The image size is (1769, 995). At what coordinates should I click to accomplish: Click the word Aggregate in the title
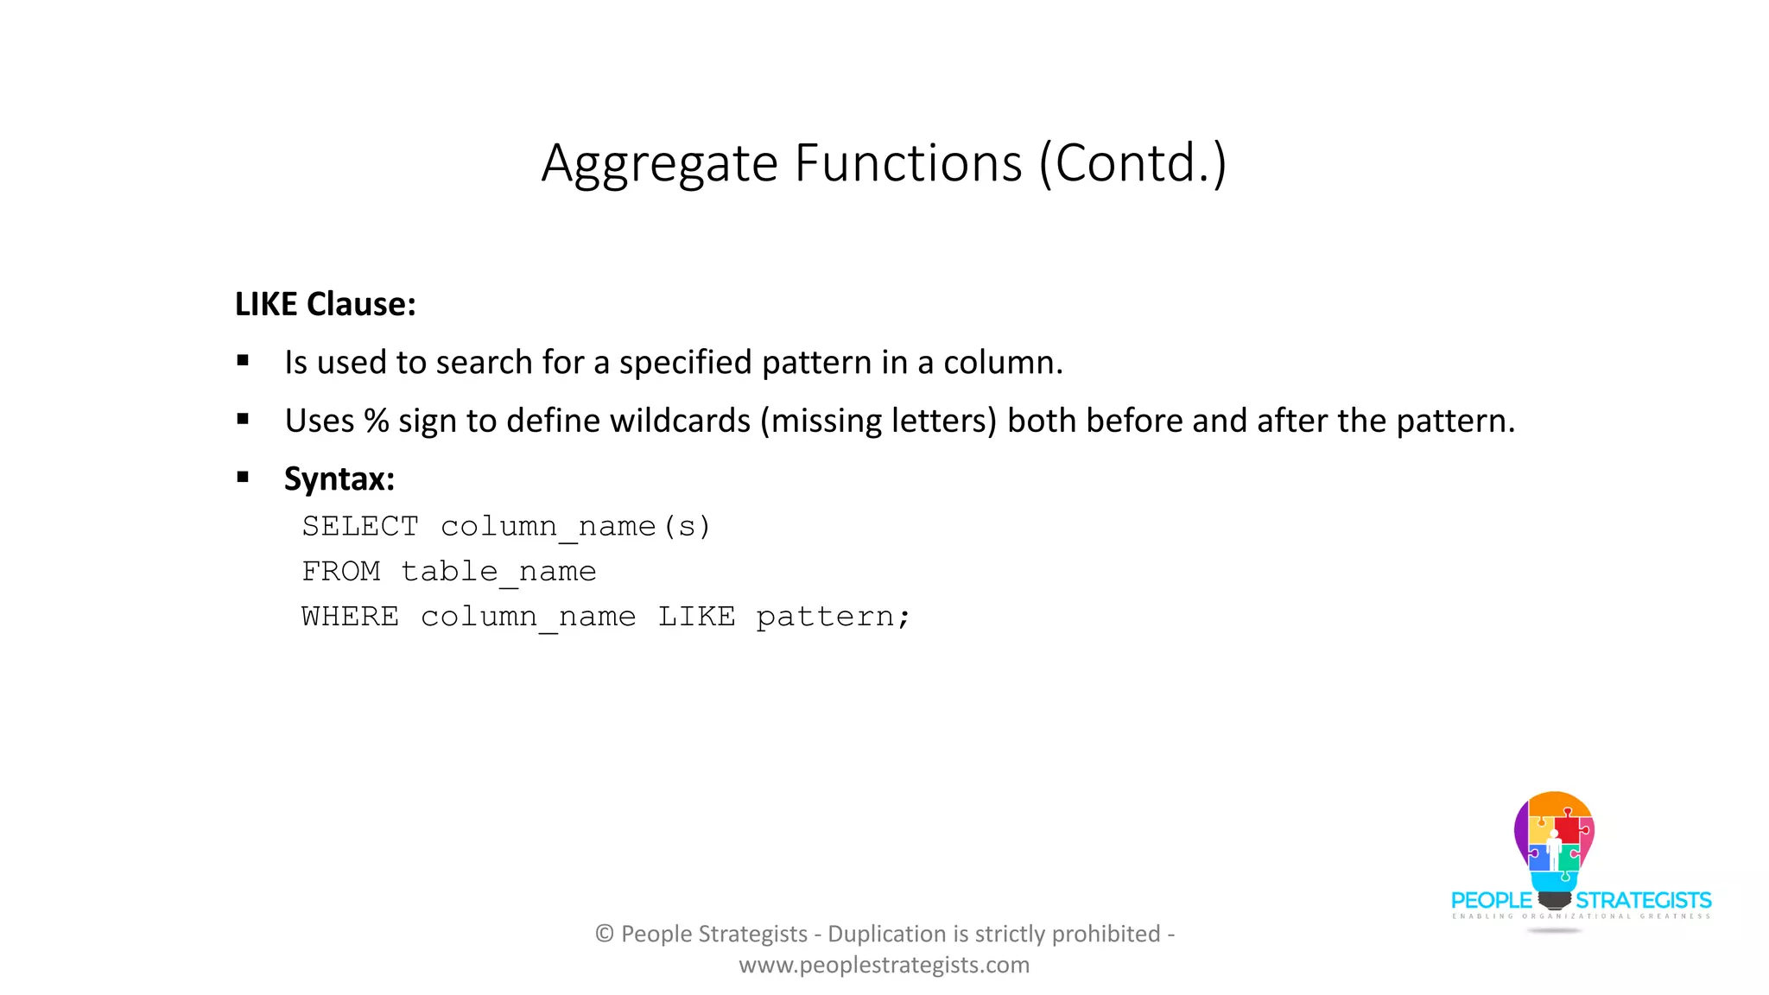pyautogui.click(x=660, y=163)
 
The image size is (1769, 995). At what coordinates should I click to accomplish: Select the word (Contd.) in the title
pyautogui.click(x=1132, y=163)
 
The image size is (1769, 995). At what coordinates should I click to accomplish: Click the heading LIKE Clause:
pyautogui.click(x=325, y=304)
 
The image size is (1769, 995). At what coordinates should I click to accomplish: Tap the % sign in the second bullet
pyautogui.click(x=376, y=421)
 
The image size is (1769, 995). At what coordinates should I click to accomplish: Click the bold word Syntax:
pyautogui.click(x=339, y=478)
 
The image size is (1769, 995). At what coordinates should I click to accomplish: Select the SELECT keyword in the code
pyautogui.click(x=360, y=526)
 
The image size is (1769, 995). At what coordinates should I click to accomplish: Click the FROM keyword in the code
pyautogui.click(x=341, y=571)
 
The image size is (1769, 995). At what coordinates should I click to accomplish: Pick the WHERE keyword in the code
pyautogui.click(x=351, y=616)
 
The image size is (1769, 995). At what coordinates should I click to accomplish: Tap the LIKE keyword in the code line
pyautogui.click(x=697, y=616)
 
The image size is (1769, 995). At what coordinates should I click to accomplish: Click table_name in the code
pyautogui.click(x=498, y=571)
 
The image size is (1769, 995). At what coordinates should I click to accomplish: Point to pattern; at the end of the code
pyautogui.click(x=833, y=617)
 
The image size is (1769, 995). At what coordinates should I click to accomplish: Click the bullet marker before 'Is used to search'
pyautogui.click(x=243, y=361)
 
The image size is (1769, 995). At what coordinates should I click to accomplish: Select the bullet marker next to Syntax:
pyautogui.click(x=243, y=477)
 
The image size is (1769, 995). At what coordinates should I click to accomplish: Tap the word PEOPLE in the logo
pyautogui.click(x=1491, y=900)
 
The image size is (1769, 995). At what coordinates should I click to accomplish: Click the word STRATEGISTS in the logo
pyautogui.click(x=1643, y=900)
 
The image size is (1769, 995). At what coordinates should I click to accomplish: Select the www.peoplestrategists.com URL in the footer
pyautogui.click(x=884, y=965)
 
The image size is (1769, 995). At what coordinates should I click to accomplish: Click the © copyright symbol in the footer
pyautogui.click(x=605, y=934)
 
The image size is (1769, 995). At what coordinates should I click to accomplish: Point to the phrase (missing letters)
pyautogui.click(x=878, y=421)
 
